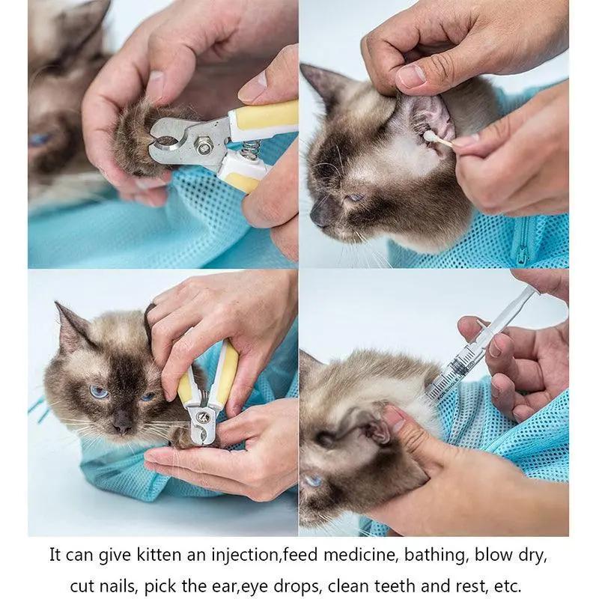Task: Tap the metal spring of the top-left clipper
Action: tap(250, 149)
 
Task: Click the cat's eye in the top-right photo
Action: tap(353, 198)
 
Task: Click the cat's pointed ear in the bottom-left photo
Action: tap(71, 326)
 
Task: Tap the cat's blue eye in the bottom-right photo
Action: tap(312, 479)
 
